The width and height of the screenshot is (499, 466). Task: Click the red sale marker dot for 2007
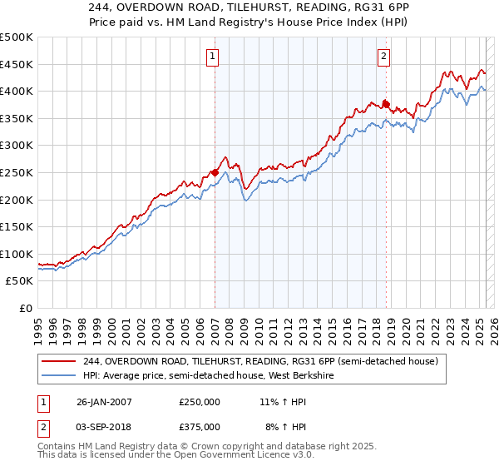215,172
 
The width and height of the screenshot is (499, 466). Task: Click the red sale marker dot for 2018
386,104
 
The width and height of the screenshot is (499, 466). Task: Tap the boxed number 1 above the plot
213,57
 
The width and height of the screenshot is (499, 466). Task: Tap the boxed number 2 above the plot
383,57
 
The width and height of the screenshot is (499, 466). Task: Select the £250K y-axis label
17,172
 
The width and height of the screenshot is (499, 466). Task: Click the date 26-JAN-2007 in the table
101,401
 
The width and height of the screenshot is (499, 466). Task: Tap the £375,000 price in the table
200,426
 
